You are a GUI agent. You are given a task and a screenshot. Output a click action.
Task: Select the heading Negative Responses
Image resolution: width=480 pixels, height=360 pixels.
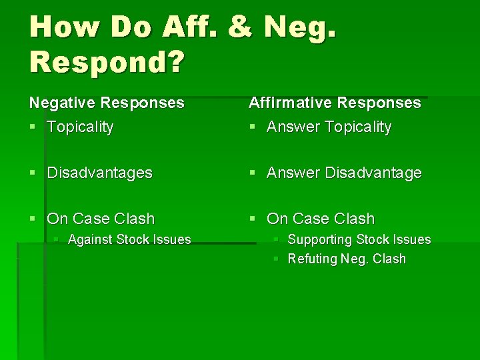pyautogui.click(x=106, y=103)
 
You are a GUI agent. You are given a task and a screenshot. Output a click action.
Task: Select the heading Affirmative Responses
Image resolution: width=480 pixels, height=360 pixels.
pyautogui.click(x=335, y=103)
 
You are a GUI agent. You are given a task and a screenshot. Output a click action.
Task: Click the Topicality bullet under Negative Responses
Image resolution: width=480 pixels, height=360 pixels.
pyautogui.click(x=80, y=127)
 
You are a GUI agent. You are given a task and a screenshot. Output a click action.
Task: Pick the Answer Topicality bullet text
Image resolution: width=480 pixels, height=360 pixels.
pyautogui.click(x=329, y=127)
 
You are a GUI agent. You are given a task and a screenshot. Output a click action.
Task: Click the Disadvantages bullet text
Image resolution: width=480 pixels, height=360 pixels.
pyautogui.click(x=99, y=173)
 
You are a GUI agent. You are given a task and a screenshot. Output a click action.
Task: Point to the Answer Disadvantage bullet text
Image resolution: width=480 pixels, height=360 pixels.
pyautogui.click(x=344, y=173)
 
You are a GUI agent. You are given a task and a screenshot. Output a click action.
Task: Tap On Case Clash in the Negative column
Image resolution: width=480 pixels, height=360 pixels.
pyautogui.click(x=101, y=219)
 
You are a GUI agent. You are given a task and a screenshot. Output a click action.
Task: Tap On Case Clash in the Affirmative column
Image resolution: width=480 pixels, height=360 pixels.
pyautogui.click(x=321, y=219)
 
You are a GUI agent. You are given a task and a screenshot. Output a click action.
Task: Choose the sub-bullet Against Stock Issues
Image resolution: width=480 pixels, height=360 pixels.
pyautogui.click(x=129, y=239)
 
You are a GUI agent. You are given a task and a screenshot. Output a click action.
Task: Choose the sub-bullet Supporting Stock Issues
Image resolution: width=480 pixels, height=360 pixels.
pyautogui.click(x=359, y=239)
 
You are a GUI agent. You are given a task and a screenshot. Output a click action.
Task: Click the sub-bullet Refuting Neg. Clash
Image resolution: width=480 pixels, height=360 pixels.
pyautogui.click(x=346, y=259)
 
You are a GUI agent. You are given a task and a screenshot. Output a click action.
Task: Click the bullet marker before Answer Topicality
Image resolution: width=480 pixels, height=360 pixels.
pyautogui.click(x=252, y=127)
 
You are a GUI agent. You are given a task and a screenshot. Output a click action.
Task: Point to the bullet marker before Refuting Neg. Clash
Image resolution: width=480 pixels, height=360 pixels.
pyautogui.click(x=276, y=259)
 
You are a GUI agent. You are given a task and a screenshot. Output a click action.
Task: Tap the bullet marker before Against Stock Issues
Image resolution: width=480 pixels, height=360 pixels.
pyautogui.click(x=57, y=240)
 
